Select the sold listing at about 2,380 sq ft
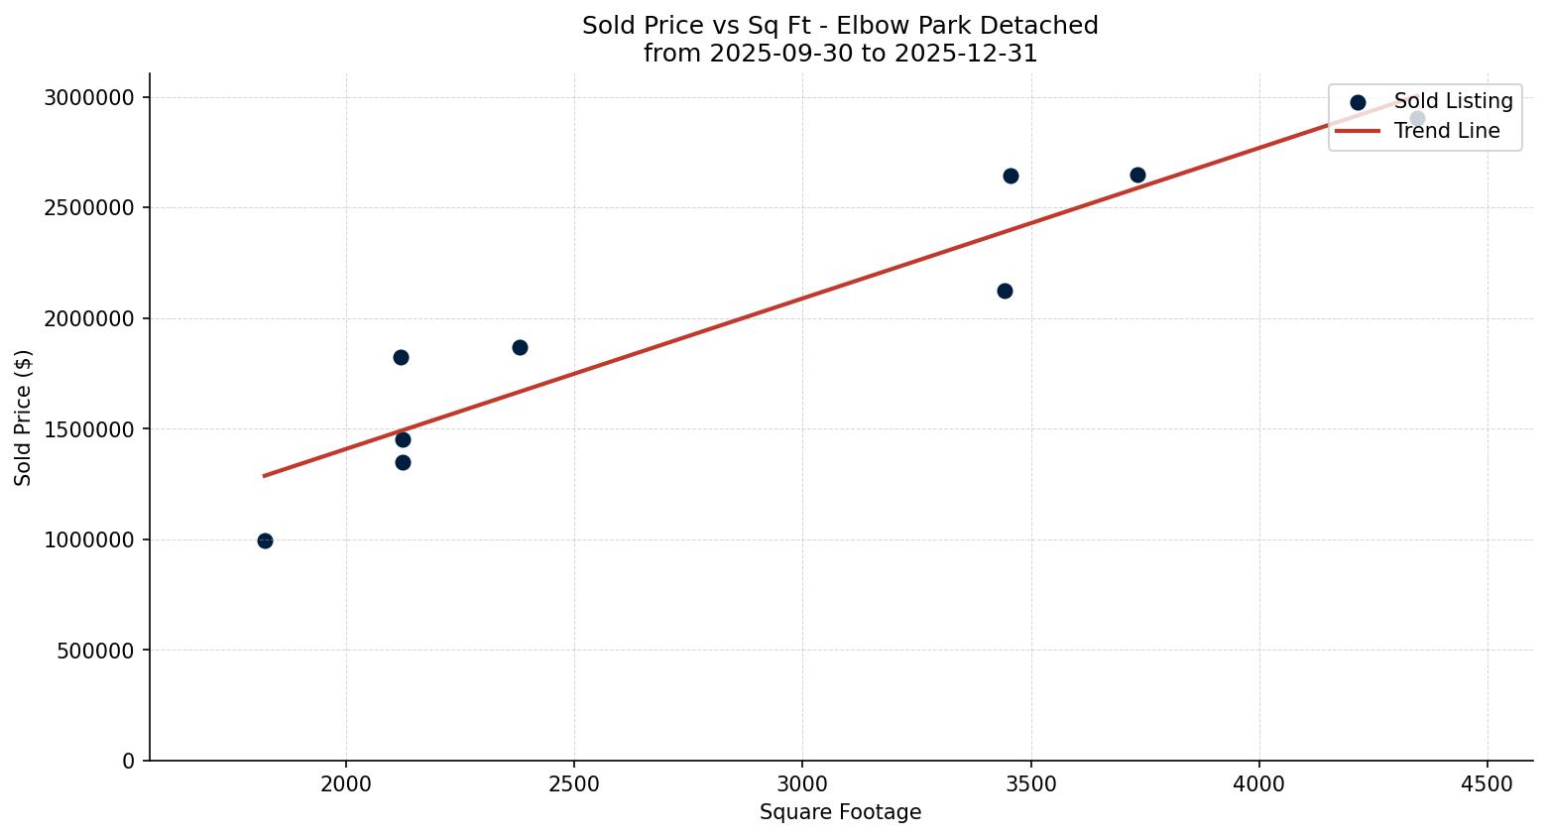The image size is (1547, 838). point(520,347)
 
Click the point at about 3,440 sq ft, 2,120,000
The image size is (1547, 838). point(1005,291)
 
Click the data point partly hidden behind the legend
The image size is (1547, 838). point(1417,119)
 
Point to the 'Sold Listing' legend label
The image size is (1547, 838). point(1453,101)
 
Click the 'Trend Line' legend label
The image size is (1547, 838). point(1446,131)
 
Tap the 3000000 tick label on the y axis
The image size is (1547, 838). point(89,97)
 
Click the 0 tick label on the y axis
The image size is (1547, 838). point(128,761)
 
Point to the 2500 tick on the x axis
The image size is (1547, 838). point(574,784)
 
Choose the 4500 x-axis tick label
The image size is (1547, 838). point(1487,784)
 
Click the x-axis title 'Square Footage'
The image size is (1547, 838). point(840,813)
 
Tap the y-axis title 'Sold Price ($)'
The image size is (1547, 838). point(23,418)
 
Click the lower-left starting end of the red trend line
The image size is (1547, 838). point(265,476)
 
